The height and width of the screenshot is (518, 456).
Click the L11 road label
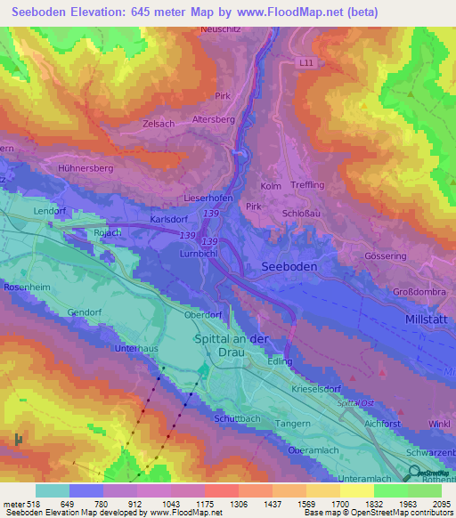(307, 62)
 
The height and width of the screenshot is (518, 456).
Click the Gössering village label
(387, 255)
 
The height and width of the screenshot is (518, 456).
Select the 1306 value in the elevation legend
(238, 503)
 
